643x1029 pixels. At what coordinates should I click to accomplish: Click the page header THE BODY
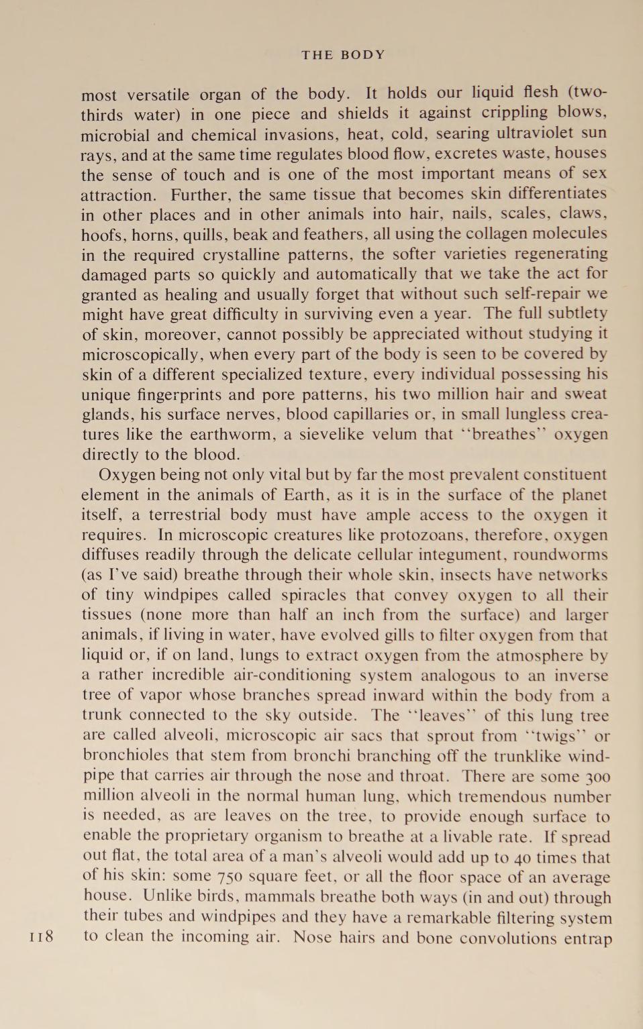[343, 55]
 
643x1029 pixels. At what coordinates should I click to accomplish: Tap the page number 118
[42, 936]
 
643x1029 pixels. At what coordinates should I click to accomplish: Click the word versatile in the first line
[158, 95]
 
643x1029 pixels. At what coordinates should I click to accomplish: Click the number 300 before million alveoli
[596, 777]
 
